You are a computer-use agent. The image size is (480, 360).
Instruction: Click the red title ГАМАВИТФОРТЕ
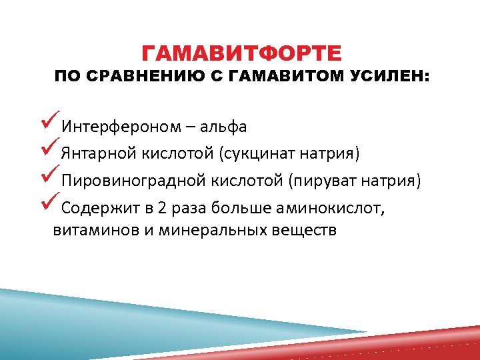point(242,53)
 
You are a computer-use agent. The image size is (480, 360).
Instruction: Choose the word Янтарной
point(98,154)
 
